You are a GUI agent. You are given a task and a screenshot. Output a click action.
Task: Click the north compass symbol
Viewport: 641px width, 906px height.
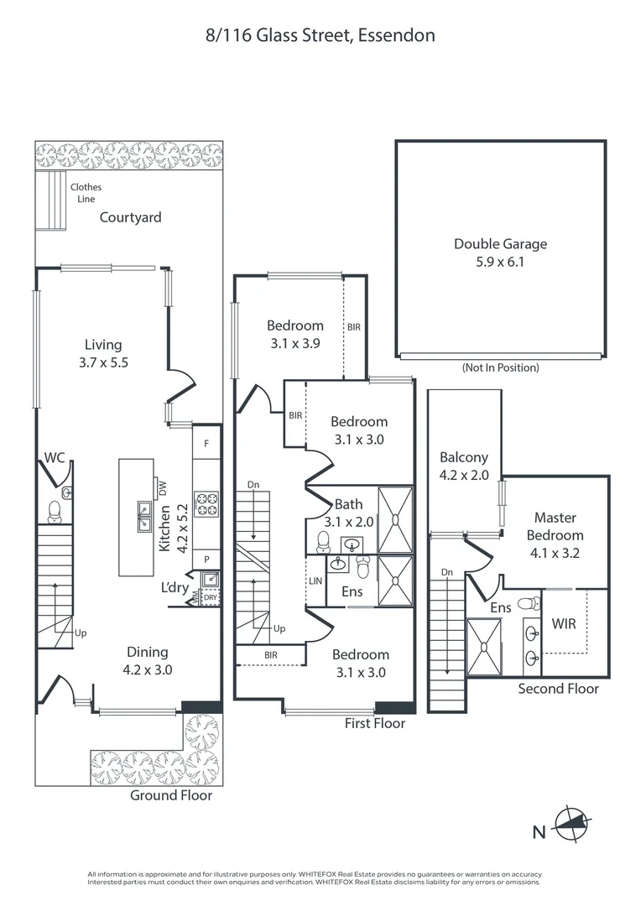pyautogui.click(x=571, y=824)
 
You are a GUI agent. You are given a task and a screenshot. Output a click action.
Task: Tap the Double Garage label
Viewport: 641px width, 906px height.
pyautogui.click(x=501, y=244)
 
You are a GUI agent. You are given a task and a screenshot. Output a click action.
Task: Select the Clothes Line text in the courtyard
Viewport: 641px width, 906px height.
pyautogui.click(x=86, y=193)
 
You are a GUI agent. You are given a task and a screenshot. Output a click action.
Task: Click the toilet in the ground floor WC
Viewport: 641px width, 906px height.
pyautogui.click(x=55, y=512)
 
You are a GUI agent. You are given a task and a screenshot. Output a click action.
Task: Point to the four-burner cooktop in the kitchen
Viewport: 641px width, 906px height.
pyautogui.click(x=206, y=503)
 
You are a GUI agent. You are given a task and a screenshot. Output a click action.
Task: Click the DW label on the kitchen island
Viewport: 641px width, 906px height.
pyautogui.click(x=163, y=488)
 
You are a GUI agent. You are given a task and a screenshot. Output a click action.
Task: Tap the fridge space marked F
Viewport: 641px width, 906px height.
pyautogui.click(x=206, y=444)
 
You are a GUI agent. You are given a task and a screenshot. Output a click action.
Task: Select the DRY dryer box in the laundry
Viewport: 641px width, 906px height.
pyautogui.click(x=211, y=597)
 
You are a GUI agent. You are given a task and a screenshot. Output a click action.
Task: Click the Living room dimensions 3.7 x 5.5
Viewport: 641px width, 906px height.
pyautogui.click(x=103, y=363)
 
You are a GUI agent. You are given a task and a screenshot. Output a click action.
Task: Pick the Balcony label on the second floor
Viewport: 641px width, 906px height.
pyautogui.click(x=464, y=458)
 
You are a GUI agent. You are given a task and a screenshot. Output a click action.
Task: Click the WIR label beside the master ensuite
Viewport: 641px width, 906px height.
pyautogui.click(x=564, y=624)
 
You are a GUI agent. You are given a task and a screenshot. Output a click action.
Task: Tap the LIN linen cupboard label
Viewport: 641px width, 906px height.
pyautogui.click(x=315, y=581)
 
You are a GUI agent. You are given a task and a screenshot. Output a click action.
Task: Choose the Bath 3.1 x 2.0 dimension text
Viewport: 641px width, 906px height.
pyautogui.click(x=349, y=522)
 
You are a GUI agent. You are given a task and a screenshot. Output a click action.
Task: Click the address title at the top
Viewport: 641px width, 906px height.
pyautogui.click(x=320, y=36)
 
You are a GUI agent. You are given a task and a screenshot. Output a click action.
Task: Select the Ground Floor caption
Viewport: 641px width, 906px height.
pyautogui.click(x=171, y=795)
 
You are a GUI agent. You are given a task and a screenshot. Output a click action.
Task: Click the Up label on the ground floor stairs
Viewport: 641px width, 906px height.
pyautogui.click(x=81, y=633)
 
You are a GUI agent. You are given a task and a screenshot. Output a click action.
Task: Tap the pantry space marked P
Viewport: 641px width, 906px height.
pyautogui.click(x=206, y=560)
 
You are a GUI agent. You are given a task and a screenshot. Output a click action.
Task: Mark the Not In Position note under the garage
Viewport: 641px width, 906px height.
pyautogui.click(x=501, y=367)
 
